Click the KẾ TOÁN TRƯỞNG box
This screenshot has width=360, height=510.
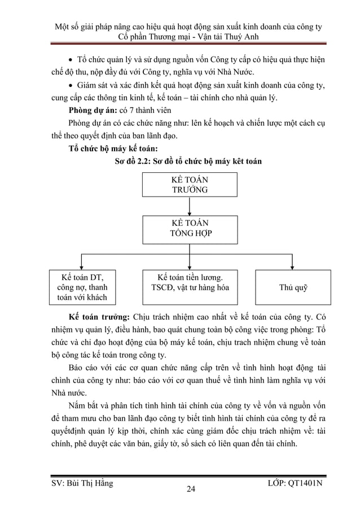[x=190, y=185]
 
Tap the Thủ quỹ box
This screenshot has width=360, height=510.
[x=293, y=287]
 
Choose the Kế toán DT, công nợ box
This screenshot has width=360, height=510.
[x=83, y=287]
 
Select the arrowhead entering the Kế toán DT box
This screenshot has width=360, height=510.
[x=83, y=267]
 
